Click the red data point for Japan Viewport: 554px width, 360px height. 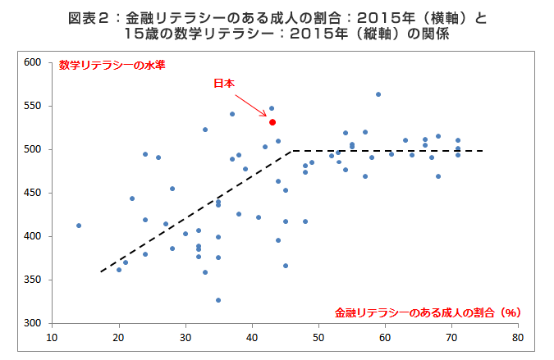point(272,122)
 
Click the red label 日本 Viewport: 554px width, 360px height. point(224,84)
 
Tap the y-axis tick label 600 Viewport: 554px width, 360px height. point(32,62)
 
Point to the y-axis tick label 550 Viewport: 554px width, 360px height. point(32,106)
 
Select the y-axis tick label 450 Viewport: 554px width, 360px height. point(32,193)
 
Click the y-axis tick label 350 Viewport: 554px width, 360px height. point(32,280)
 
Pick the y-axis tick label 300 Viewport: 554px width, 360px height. point(32,323)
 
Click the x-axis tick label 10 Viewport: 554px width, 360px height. point(53,336)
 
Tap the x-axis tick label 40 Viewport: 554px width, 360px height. point(252,336)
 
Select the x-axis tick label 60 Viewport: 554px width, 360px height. point(385,336)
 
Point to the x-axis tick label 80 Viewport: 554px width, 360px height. point(518,336)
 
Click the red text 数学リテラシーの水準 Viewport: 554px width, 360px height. point(112,66)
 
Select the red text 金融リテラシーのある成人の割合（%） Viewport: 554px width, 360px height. point(428,312)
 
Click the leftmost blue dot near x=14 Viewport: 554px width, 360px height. point(79,226)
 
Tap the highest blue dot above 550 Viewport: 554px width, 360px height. point(378,94)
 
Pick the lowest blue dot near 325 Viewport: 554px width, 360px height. point(218,300)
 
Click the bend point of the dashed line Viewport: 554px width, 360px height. point(292,151)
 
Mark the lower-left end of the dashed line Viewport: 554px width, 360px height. point(100,271)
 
